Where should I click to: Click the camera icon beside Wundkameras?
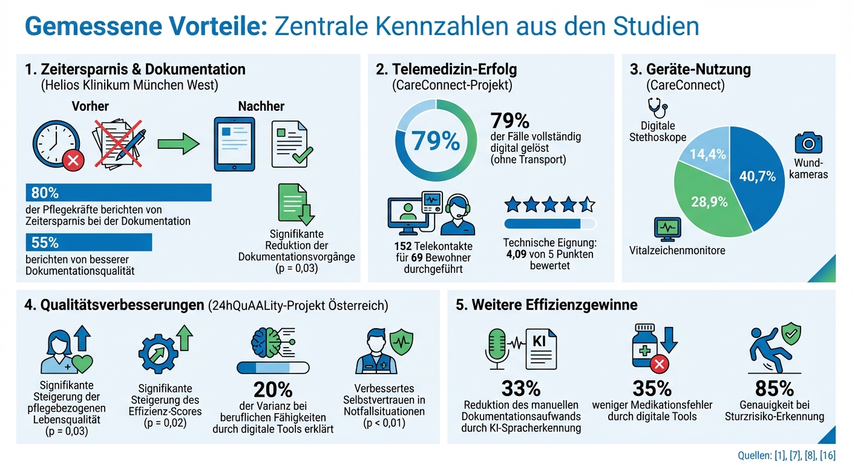click(807, 143)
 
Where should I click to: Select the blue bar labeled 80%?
click(118, 193)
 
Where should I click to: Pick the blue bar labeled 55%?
click(88, 242)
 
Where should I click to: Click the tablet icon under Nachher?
click(235, 144)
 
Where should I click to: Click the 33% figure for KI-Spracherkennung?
click(520, 388)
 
